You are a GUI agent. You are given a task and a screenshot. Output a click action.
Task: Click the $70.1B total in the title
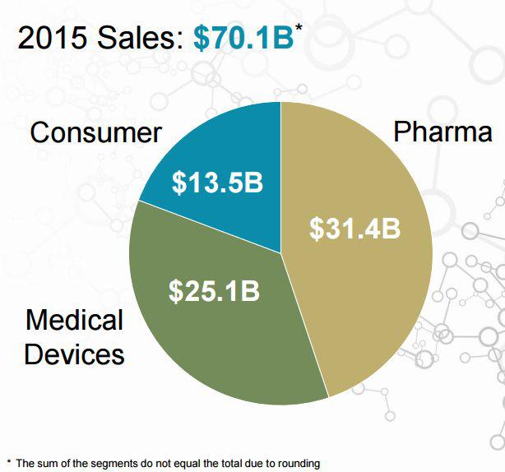[x=243, y=38]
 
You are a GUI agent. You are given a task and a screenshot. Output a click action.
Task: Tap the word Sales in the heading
[x=141, y=38]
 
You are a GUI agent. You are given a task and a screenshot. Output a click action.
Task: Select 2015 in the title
[x=53, y=38]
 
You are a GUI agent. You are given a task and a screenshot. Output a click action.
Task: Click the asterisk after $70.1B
[x=299, y=27]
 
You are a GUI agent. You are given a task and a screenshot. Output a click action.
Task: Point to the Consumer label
[x=95, y=132]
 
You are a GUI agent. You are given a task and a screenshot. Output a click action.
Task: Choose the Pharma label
[x=442, y=132]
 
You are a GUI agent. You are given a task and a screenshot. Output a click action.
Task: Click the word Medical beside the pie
[x=74, y=320]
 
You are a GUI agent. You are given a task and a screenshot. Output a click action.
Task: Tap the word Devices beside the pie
[x=74, y=354]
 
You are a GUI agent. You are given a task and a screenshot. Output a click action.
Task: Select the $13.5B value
[x=217, y=183]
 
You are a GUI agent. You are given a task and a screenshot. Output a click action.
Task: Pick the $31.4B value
[x=355, y=229]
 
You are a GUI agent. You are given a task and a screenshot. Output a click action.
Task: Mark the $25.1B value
[x=214, y=291]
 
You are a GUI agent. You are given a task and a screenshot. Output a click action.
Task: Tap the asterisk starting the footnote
[x=9, y=462]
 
